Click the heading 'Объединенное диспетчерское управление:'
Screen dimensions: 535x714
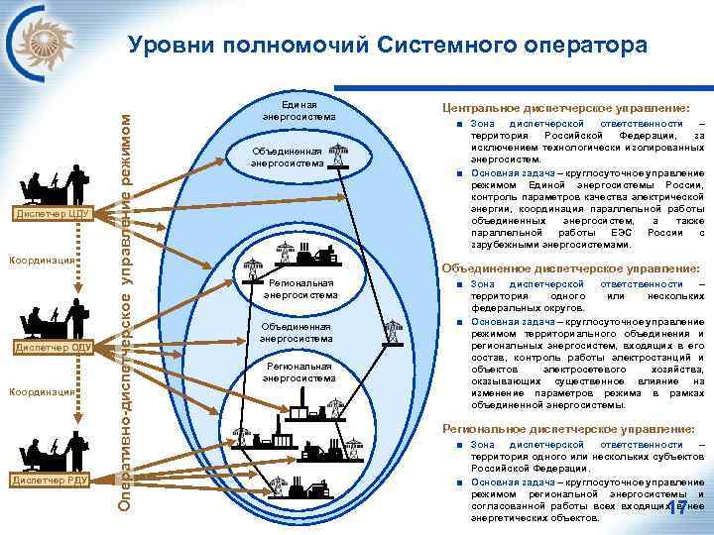(570, 267)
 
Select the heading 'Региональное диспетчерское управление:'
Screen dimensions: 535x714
(568, 428)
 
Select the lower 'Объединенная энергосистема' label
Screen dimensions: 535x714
(297, 332)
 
